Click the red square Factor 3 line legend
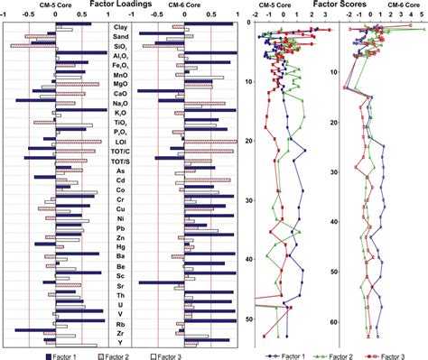[380, 355]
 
